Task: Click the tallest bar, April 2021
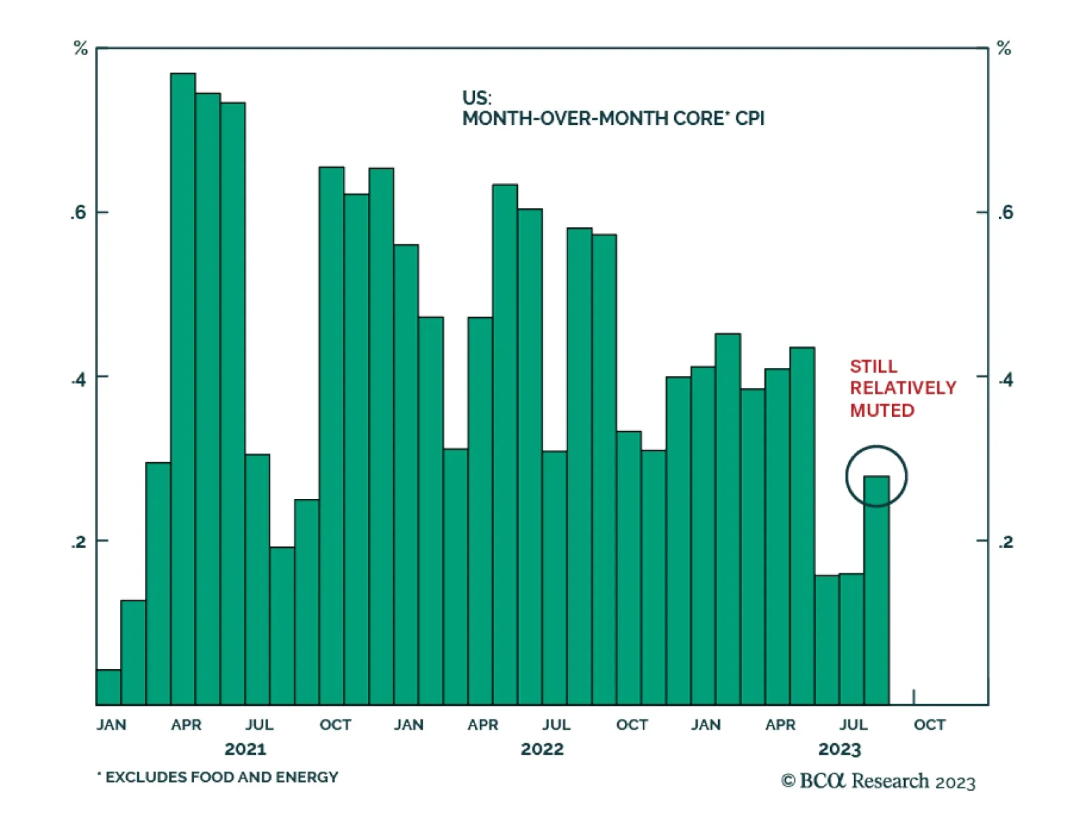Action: coord(183,387)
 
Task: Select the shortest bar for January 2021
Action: coord(109,687)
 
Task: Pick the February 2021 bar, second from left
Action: coord(133,652)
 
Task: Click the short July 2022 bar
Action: coord(555,577)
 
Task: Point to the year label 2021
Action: coord(245,749)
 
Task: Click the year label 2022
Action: coord(542,749)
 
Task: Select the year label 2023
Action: coord(840,749)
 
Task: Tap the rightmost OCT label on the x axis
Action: coord(929,725)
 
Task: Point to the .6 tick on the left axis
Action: coord(79,212)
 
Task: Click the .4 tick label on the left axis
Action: coord(79,379)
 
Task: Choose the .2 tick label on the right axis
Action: coord(1005,542)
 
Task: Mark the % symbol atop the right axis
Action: coord(1004,48)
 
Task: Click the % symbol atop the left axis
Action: coord(81,48)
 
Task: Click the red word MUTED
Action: coord(882,411)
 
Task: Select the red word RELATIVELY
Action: coord(903,388)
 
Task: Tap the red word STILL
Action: coord(873,367)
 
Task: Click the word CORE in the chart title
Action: coord(699,119)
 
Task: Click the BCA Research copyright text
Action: coord(878,782)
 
